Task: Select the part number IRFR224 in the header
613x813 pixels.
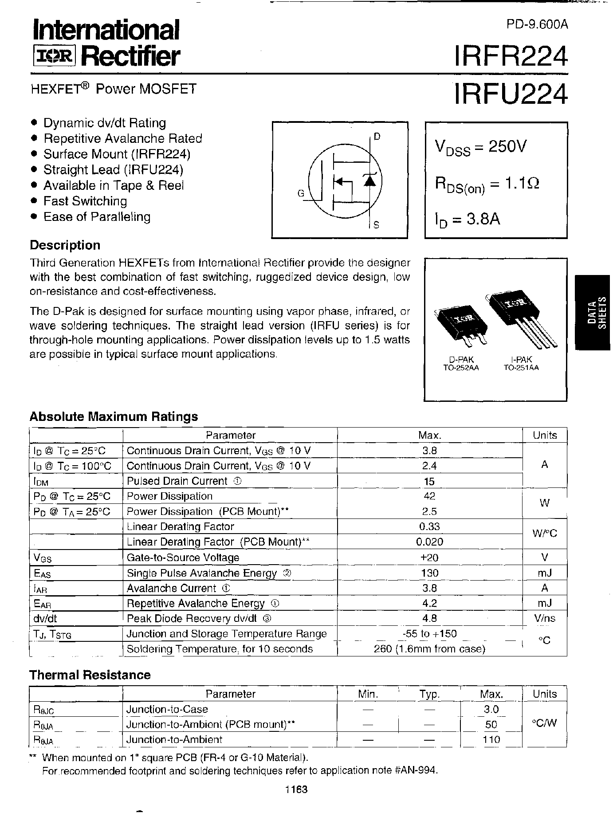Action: (510, 57)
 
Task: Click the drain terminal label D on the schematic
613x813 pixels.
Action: (377, 137)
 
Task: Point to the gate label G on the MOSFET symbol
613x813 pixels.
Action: (301, 193)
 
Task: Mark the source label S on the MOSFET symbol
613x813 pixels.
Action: (376, 225)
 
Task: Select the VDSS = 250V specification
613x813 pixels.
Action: (480, 147)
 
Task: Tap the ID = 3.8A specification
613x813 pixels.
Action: (468, 219)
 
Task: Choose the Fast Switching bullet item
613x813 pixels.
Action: (85, 201)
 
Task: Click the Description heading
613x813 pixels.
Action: (65, 245)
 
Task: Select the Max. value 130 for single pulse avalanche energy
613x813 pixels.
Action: (429, 573)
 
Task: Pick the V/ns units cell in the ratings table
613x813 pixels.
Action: (544, 618)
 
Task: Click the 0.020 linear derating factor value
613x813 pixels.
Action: (429, 542)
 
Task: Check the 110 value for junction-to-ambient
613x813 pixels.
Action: (491, 739)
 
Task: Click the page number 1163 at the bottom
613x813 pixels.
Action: (296, 789)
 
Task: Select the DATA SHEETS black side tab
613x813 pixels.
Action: (594, 312)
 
